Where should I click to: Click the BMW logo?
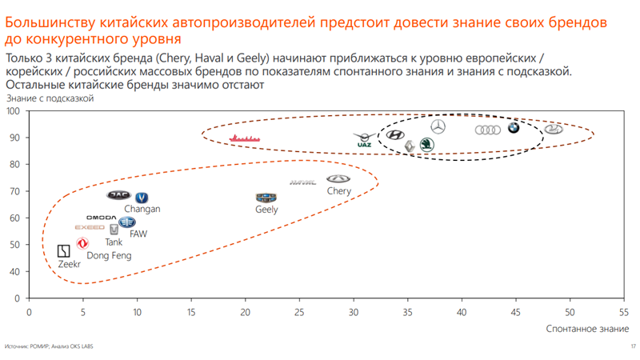514,128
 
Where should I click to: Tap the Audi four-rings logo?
488,130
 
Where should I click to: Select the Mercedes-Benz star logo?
438,126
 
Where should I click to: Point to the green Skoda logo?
427,145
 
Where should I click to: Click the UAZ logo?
364,140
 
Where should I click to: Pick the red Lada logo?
246,138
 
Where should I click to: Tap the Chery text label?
338,191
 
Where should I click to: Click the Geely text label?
266,210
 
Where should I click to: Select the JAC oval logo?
118,195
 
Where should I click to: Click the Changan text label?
142,209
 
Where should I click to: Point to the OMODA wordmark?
102,218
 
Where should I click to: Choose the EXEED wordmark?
90,228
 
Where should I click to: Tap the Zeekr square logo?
64,251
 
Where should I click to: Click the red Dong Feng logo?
82,243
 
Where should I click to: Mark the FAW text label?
138,234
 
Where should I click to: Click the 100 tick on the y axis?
14,110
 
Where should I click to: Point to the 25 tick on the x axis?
299,312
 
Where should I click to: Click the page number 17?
632,346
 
